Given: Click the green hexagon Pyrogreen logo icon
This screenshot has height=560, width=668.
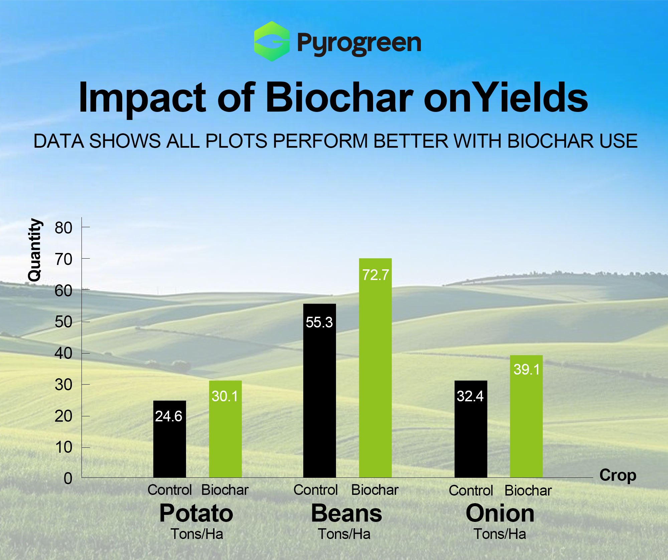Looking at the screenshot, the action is [x=272, y=41].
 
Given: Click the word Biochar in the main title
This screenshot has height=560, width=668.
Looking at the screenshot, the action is [x=339, y=98].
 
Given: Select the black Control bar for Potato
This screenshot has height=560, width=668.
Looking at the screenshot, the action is [x=170, y=439].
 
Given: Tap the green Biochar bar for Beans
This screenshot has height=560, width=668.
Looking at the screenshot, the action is [x=375, y=368].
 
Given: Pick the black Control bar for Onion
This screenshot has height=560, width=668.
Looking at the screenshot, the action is [x=471, y=429].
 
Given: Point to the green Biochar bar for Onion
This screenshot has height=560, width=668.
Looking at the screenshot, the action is [x=526, y=416].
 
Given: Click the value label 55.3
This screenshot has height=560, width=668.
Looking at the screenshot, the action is [x=319, y=322].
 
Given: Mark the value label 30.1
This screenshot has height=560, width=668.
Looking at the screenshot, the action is [x=225, y=396].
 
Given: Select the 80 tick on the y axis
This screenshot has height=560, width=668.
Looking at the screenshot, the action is [x=63, y=228].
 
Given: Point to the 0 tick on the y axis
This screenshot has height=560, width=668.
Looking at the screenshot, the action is [x=68, y=478].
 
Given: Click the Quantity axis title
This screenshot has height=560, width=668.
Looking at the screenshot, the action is [x=34, y=250].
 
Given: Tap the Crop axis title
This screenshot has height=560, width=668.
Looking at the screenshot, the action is [x=618, y=475].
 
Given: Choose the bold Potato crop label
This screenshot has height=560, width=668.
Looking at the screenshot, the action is [x=196, y=513].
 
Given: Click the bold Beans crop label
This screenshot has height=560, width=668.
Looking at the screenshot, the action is [x=347, y=513].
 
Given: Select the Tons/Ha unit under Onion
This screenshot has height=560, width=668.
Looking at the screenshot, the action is [x=500, y=534].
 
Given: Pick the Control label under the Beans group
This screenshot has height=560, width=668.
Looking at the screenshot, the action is [x=316, y=490].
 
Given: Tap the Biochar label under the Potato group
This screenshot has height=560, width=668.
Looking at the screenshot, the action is [x=225, y=490].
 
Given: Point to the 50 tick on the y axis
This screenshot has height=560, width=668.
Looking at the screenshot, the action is [x=63, y=322].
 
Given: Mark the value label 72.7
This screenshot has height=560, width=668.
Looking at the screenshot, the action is [x=376, y=275].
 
